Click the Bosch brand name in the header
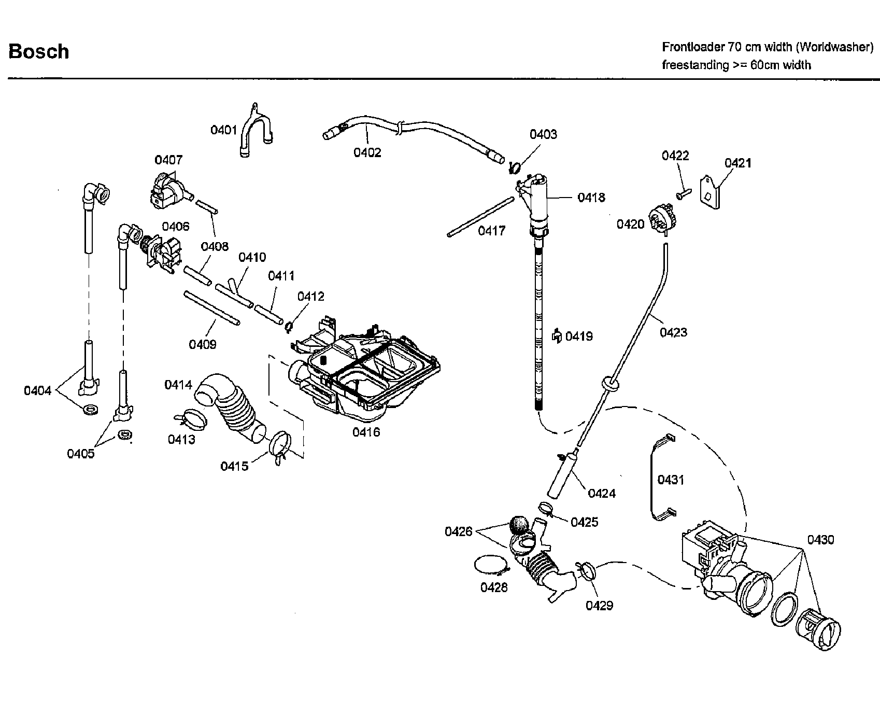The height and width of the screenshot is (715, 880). click(39, 51)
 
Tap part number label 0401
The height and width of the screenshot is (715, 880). click(223, 130)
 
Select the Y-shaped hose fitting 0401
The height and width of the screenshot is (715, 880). click(256, 127)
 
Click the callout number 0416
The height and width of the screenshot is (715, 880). click(366, 432)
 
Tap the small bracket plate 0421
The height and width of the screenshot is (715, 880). click(711, 192)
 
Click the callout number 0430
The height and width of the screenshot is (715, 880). click(820, 540)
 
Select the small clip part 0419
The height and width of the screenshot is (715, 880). click(557, 336)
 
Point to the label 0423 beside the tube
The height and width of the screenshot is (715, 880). click(673, 332)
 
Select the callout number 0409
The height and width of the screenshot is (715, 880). click(202, 344)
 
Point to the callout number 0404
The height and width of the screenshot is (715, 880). click(37, 390)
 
